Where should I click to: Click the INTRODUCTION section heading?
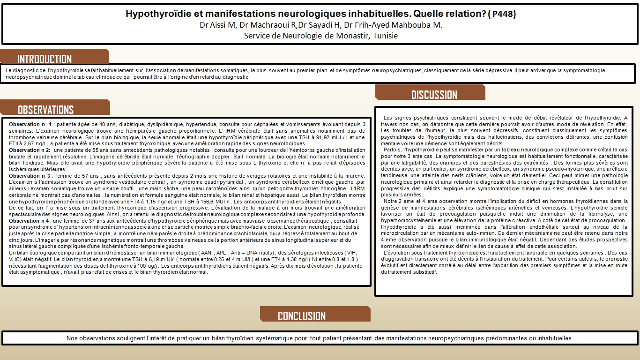click(45, 59)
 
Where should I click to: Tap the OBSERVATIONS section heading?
click(45, 110)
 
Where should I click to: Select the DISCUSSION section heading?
click(434, 95)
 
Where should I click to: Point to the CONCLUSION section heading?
click(301, 316)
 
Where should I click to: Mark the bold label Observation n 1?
click(30, 124)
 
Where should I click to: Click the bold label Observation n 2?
click(30, 150)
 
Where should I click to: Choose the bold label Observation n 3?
click(30, 176)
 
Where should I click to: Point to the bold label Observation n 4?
click(30, 221)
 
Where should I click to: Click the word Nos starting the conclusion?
click(71, 338)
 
